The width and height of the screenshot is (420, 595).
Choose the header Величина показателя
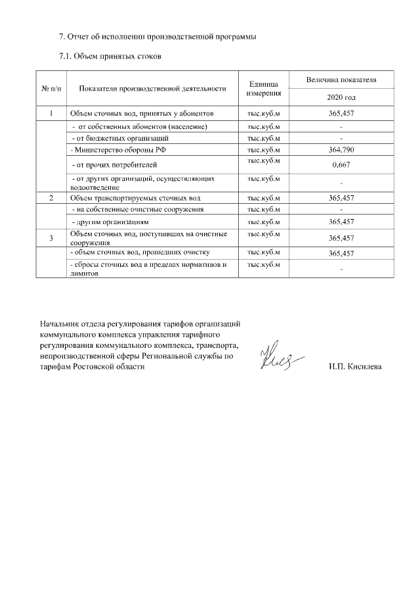pyautogui.click(x=341, y=80)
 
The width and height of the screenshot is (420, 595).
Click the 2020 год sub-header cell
pyautogui.click(x=341, y=97)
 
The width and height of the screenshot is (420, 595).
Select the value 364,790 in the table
pyautogui.click(x=341, y=150)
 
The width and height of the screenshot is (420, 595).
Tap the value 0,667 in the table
pyautogui.click(x=341, y=164)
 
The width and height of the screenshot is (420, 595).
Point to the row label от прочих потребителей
pyautogui.click(x=114, y=164)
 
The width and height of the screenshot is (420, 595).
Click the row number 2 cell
pyautogui.click(x=51, y=197)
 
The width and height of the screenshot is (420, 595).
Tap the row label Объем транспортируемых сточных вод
pyautogui.click(x=135, y=197)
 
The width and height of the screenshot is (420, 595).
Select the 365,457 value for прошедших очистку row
pyautogui.click(x=341, y=253)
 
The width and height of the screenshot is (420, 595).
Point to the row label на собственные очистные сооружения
pyautogui.click(x=137, y=209)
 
